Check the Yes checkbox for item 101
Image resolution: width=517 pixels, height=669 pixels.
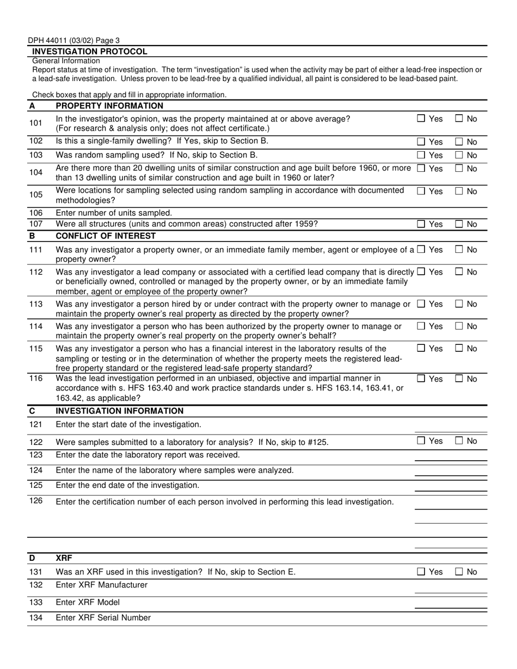click(x=421, y=118)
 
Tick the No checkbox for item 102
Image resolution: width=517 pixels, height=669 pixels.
click(x=459, y=142)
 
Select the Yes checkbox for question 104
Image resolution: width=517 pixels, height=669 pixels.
click(x=421, y=169)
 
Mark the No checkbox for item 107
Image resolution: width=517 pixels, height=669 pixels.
click(x=459, y=224)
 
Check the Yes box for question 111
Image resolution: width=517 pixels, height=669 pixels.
click(x=421, y=250)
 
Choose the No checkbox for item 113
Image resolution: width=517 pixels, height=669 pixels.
click(x=459, y=304)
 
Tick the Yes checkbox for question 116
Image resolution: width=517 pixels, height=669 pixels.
click(x=421, y=379)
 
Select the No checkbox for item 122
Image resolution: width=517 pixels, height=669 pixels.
click(x=459, y=441)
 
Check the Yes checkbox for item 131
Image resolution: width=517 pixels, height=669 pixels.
click(x=421, y=572)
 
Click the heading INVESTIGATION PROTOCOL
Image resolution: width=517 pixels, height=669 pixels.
click(x=90, y=52)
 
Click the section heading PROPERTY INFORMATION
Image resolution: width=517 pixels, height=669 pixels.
click(x=109, y=106)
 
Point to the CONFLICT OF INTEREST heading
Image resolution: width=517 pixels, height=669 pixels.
click(x=106, y=236)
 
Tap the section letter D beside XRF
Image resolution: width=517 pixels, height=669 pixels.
click(x=32, y=558)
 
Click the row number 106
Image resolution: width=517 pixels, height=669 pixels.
click(x=35, y=213)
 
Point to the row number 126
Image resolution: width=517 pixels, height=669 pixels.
click(x=35, y=501)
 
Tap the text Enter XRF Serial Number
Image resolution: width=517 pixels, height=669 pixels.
click(x=103, y=618)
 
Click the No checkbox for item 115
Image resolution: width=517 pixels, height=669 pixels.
click(x=459, y=348)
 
